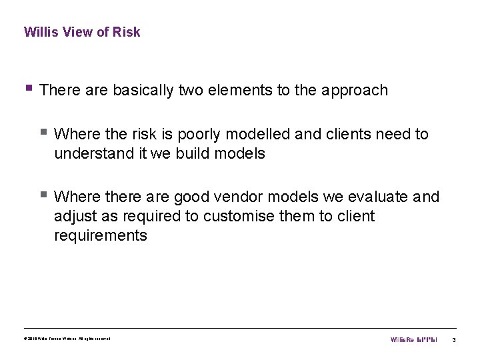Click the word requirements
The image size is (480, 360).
(101, 235)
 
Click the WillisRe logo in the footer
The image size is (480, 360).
(413, 340)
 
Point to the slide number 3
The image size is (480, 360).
(453, 340)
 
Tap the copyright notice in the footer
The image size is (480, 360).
(67, 339)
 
